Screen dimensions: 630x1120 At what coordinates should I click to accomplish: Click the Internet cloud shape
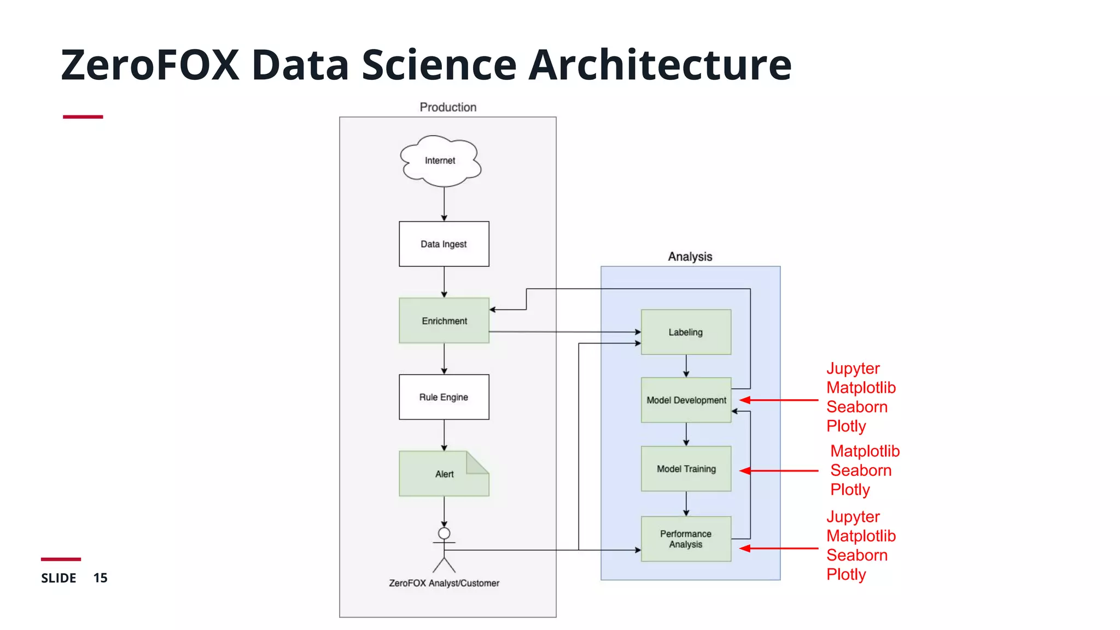[440, 160]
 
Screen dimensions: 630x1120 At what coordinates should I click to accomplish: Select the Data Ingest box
[444, 244]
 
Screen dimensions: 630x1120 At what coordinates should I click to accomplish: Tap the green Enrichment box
[444, 320]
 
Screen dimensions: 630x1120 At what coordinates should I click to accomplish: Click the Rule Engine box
[444, 397]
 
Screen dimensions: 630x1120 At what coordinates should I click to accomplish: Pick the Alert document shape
[444, 474]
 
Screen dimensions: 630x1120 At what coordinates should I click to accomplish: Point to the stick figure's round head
[444, 533]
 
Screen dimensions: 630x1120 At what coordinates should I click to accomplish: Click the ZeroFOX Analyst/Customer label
[444, 583]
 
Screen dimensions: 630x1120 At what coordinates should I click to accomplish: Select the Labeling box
[685, 332]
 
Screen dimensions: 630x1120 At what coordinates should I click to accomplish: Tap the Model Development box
[686, 400]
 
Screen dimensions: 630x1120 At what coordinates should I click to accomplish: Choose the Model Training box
[686, 469]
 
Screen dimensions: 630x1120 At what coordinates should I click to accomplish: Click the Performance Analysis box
[686, 539]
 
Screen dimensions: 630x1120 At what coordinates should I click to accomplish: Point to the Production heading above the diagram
[448, 107]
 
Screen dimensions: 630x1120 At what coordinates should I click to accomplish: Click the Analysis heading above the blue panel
[690, 256]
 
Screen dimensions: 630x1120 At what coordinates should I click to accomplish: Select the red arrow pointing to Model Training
[779, 470]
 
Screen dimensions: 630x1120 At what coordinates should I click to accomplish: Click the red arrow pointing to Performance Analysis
[779, 548]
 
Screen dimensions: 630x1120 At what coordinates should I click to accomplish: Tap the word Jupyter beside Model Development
[853, 369]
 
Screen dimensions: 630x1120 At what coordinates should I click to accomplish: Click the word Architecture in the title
[660, 65]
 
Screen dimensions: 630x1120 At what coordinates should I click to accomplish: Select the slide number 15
[100, 578]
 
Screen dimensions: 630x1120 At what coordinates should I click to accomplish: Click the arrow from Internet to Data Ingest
[444, 203]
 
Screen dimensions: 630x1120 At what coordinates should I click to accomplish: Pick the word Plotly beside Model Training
[850, 489]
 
